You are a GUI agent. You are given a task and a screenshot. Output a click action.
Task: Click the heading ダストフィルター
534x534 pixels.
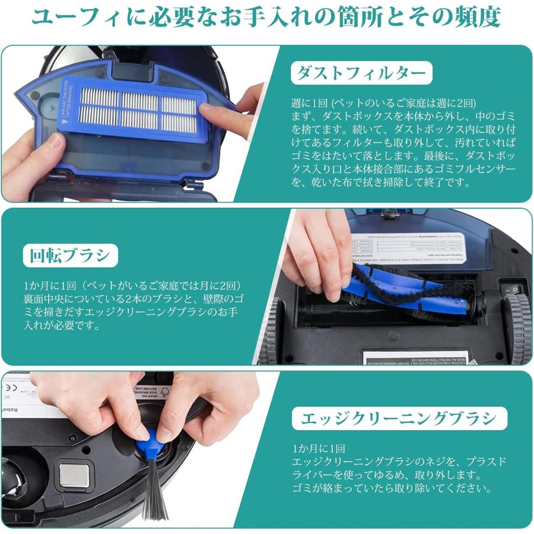point(361,74)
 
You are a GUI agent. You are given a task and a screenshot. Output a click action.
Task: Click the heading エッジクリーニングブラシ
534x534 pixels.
point(399,419)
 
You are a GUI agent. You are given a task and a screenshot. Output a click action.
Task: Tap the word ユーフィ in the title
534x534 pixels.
point(65,18)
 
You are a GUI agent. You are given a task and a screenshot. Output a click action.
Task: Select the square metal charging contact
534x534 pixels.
point(74,476)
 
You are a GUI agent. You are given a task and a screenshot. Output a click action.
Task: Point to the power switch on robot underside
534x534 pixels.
point(515,290)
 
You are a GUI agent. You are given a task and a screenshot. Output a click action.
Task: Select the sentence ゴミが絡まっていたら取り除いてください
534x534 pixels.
point(392,489)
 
